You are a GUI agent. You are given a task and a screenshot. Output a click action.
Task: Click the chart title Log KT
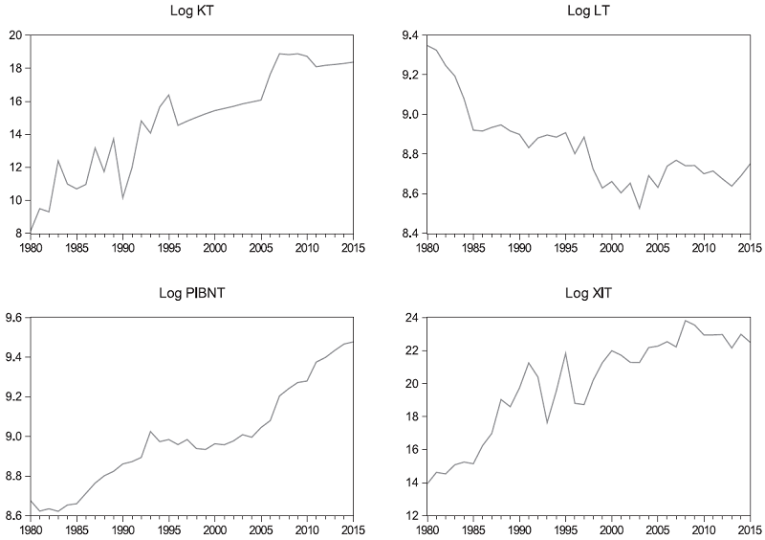click(x=191, y=13)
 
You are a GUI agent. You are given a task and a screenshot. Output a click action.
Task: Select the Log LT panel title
click(x=586, y=13)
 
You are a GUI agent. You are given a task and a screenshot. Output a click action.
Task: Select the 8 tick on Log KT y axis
click(x=18, y=234)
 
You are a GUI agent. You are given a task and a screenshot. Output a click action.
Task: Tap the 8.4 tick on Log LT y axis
click(x=407, y=234)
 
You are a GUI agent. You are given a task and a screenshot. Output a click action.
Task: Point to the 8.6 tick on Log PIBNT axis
click(x=14, y=515)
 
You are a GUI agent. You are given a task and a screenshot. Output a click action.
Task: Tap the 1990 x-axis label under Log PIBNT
click(x=122, y=529)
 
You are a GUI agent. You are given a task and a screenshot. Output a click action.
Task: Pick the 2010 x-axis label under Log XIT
click(x=703, y=529)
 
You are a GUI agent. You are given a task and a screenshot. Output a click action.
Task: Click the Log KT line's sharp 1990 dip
click(x=122, y=198)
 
